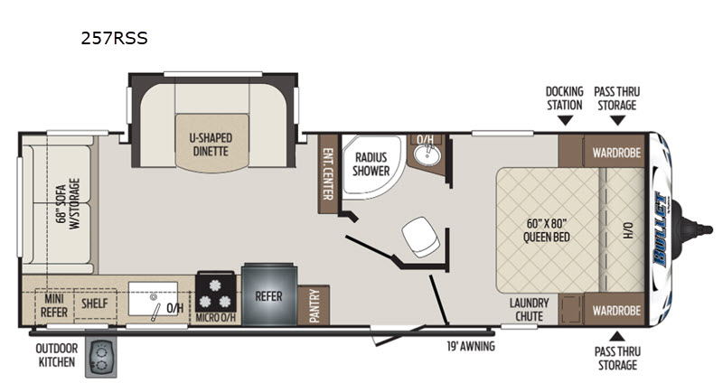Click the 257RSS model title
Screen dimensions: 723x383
115,38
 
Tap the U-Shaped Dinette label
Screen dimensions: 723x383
211,145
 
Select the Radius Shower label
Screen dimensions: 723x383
371,164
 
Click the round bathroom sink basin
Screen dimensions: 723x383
427,155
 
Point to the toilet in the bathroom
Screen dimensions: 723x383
420,237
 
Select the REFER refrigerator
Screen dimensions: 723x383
268,295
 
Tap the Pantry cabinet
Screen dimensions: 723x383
314,305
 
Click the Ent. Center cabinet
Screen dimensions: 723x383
328,173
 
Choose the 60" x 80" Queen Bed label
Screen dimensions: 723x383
546,230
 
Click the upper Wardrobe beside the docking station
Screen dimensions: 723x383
616,152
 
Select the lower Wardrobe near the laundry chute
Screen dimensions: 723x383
616,309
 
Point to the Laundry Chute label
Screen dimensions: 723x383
529,310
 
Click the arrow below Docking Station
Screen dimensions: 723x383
565,121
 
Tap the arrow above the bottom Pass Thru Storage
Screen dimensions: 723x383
617,336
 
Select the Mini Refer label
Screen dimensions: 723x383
54,305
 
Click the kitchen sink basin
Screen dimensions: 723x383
153,299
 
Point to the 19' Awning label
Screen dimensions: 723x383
470,346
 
